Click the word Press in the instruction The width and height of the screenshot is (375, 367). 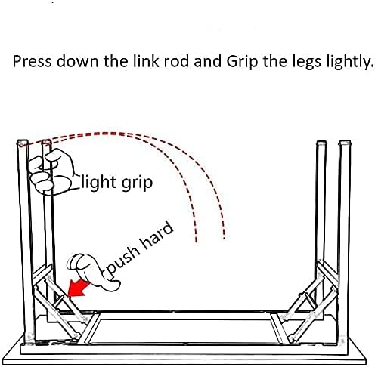32,61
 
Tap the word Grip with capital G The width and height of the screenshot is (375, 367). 242,62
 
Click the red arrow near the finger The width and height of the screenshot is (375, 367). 79,288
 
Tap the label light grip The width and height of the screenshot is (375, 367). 117,183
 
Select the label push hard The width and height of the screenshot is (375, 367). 139,248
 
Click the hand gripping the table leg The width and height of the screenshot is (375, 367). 51,172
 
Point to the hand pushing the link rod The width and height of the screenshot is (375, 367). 92,271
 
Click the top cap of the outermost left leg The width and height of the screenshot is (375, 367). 22,143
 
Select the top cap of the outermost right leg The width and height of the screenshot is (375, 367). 345,143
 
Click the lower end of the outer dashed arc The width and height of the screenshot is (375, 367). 224,238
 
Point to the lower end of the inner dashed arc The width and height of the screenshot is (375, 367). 196,241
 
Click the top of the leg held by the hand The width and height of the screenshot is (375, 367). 46,143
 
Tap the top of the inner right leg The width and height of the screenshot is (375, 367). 321,143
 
